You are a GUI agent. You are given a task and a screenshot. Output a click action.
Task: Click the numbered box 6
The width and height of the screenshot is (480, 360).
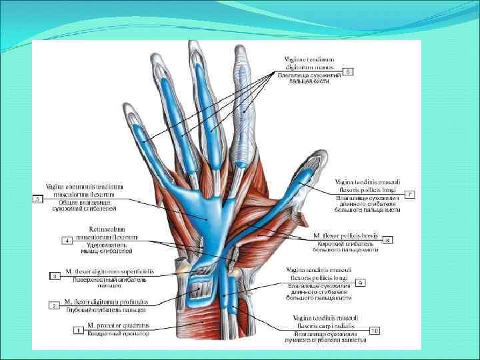[x=348, y=71]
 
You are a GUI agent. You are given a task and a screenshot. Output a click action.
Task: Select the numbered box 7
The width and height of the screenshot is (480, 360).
[x=410, y=194]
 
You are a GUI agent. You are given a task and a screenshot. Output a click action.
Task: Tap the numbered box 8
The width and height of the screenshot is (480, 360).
[x=387, y=239]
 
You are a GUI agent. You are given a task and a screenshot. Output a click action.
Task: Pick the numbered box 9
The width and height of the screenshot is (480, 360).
[x=378, y=283]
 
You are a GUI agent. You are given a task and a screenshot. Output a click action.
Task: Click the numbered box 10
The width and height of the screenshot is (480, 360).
[x=375, y=330]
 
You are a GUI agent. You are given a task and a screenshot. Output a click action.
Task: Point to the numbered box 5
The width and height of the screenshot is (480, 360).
[x=37, y=198]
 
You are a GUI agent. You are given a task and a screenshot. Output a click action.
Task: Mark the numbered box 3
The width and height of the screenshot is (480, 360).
[x=55, y=275]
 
